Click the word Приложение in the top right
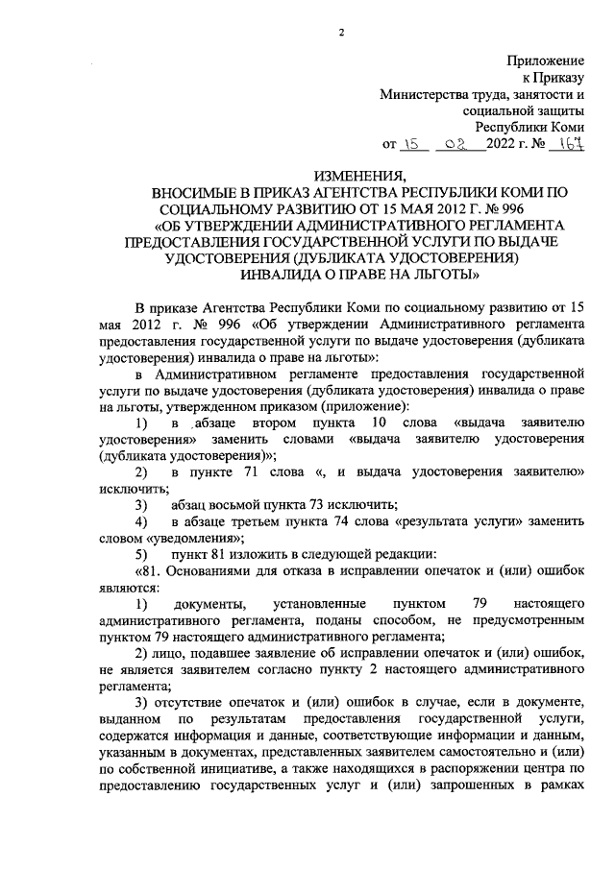point(546,60)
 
